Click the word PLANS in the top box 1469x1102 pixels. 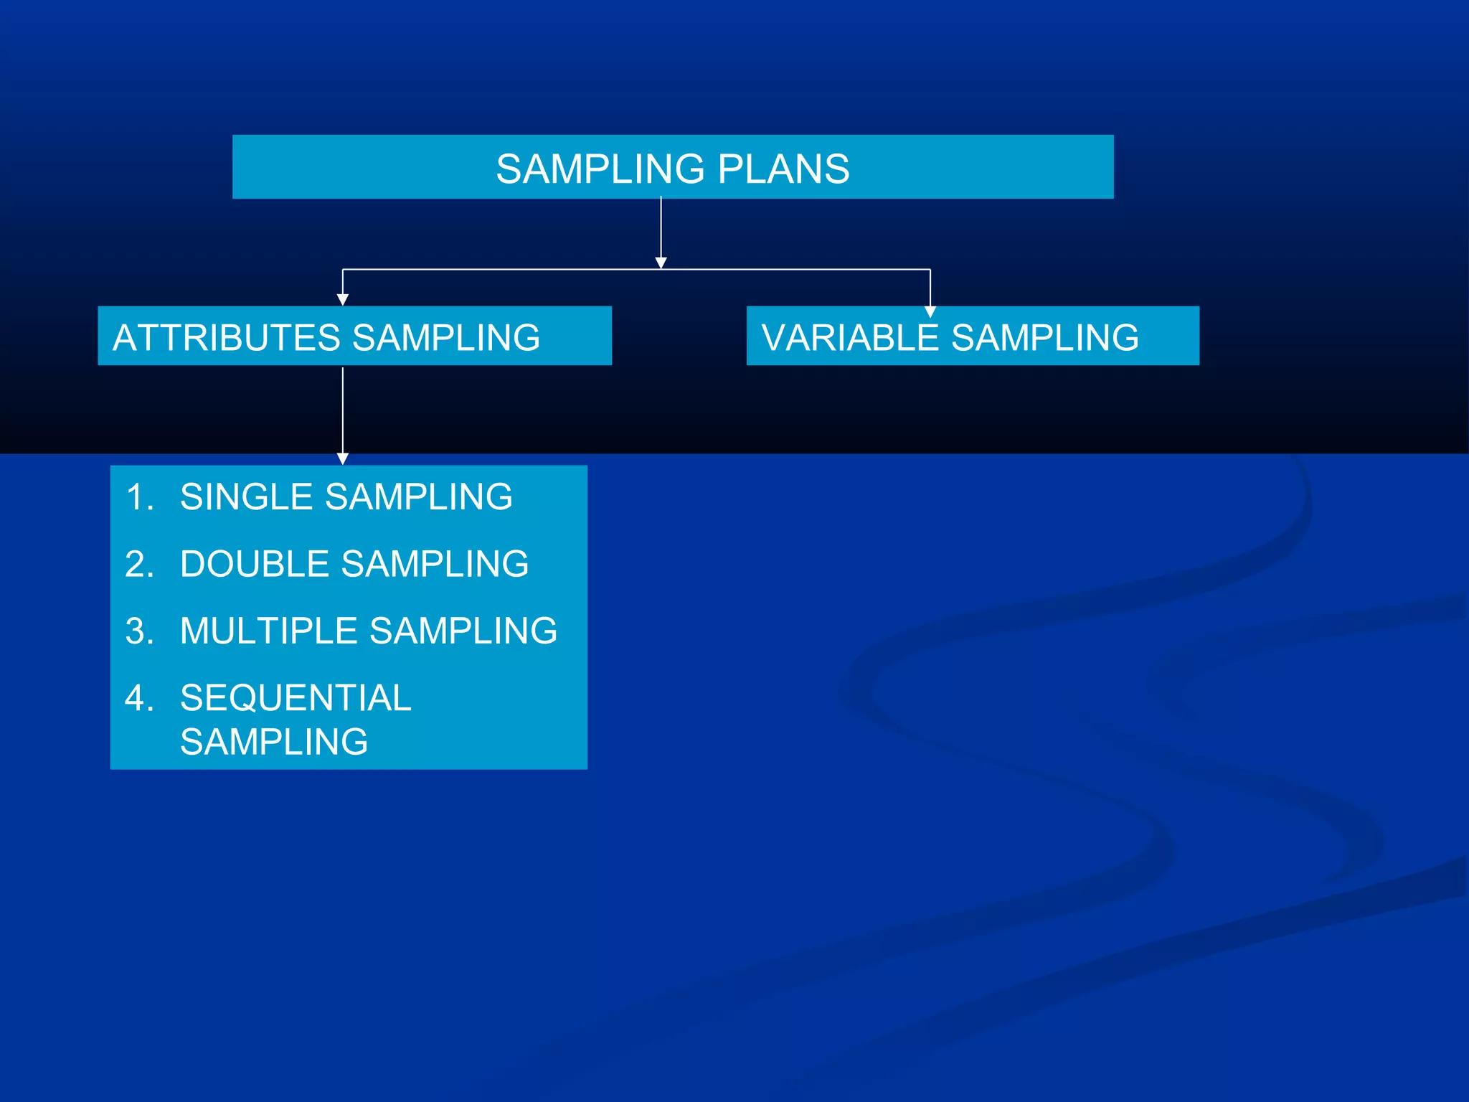(783, 169)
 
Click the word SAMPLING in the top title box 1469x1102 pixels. (600, 169)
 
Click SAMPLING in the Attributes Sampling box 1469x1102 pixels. (446, 338)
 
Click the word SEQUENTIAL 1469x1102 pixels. (296, 698)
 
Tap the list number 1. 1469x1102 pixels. (138, 496)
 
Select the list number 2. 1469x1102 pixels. (138, 564)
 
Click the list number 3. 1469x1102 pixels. (138, 631)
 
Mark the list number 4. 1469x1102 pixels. (138, 698)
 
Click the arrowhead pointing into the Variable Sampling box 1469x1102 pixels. (930, 311)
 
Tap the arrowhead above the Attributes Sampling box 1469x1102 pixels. (343, 300)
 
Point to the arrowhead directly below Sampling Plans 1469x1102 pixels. (661, 263)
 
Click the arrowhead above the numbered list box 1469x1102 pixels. (343, 458)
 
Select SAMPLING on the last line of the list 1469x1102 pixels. (274, 742)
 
